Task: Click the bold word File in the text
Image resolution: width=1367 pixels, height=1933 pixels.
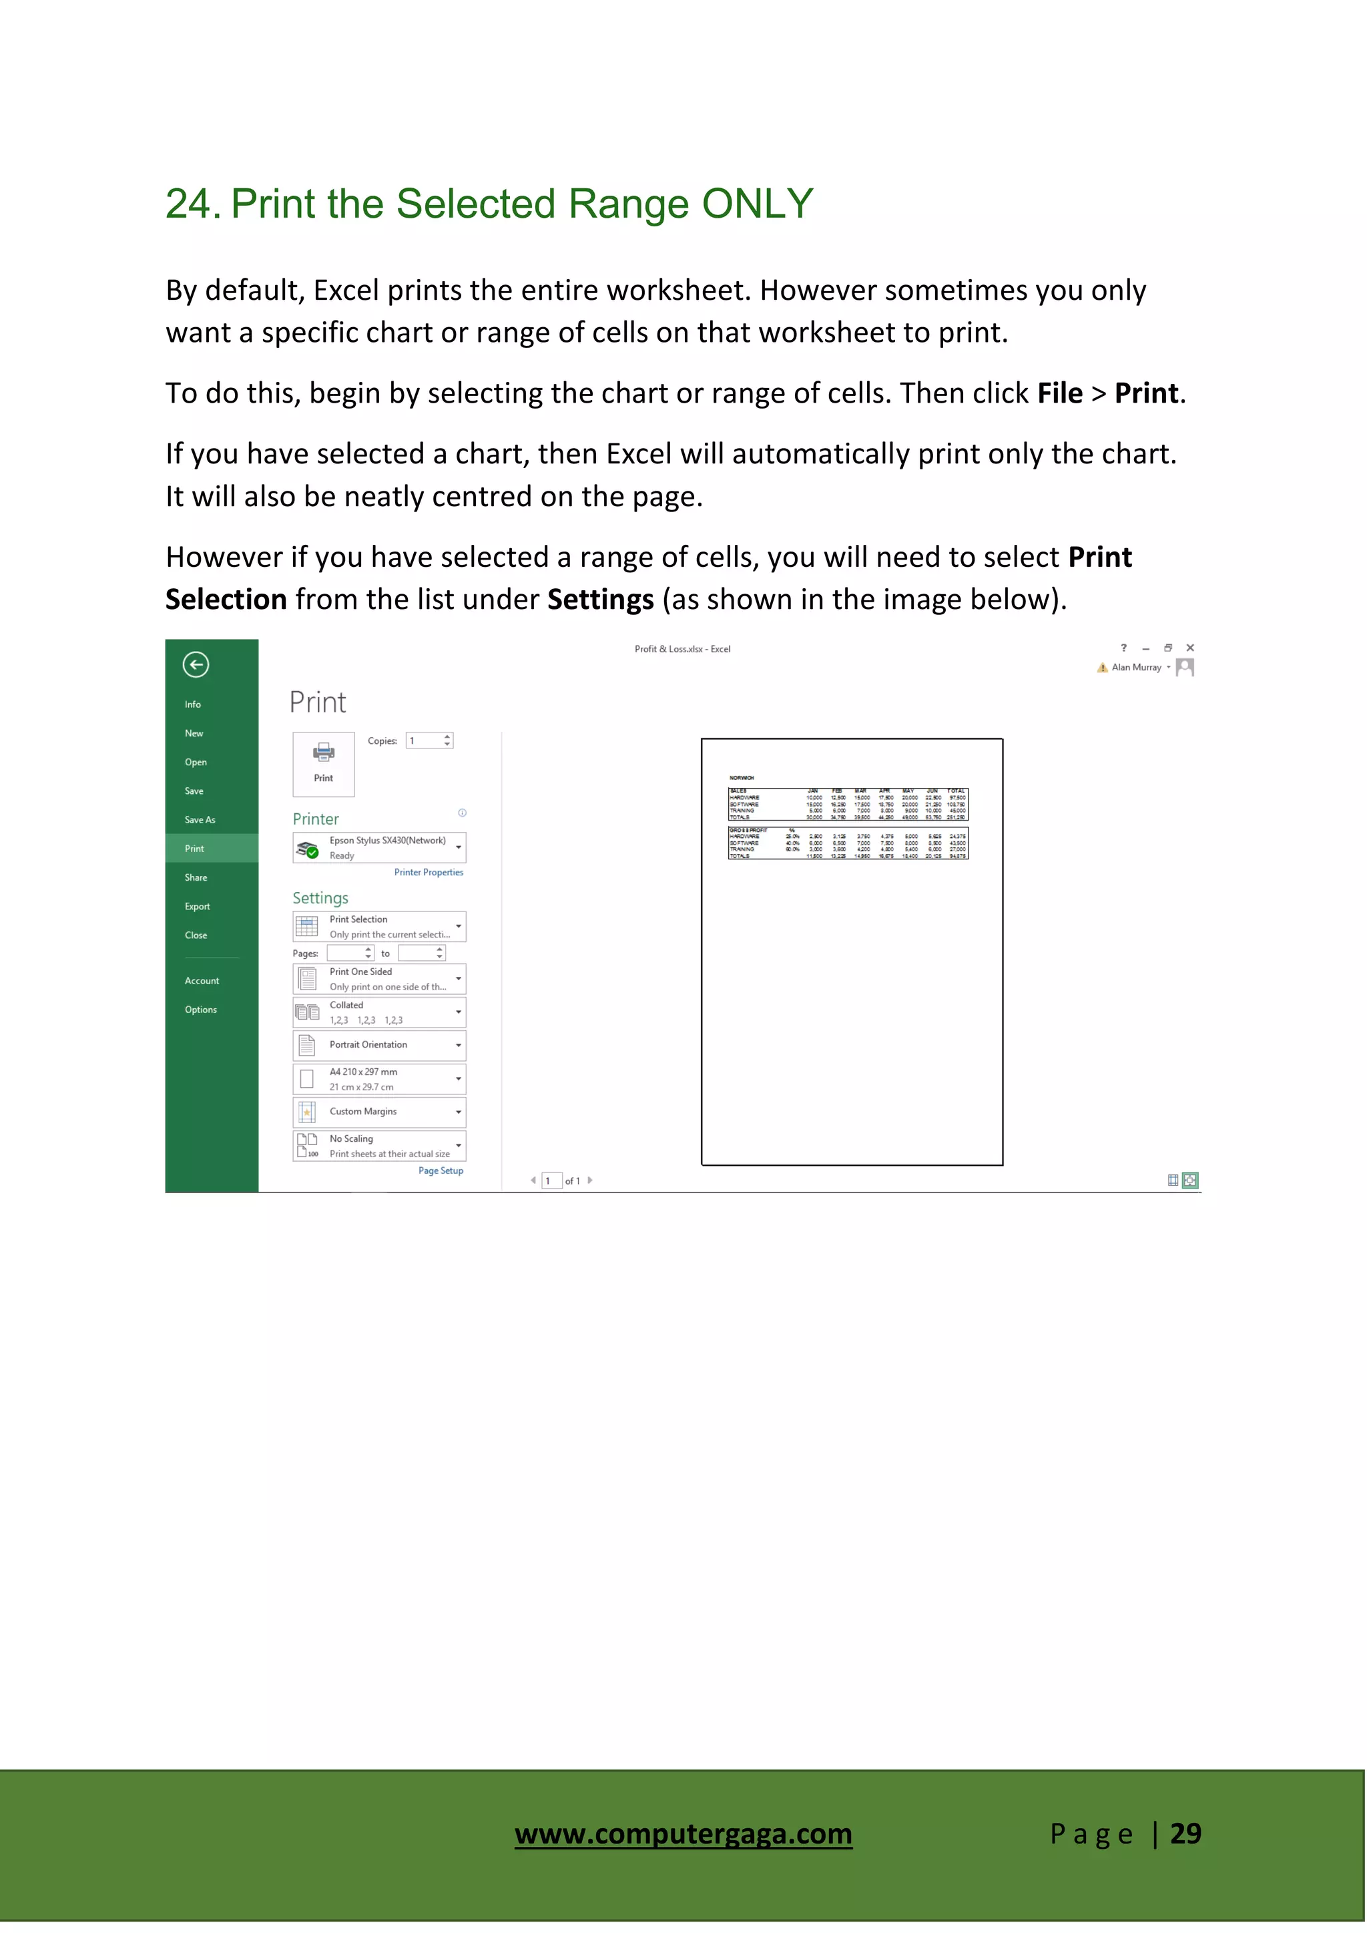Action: [x=1059, y=393]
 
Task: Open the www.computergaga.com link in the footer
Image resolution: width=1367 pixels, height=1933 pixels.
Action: [x=683, y=1833]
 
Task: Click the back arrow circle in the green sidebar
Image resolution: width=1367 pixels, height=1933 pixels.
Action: [x=196, y=664]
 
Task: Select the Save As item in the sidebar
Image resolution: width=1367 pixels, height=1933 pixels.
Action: [x=200, y=819]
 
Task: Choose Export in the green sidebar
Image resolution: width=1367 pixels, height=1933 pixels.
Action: [x=197, y=906]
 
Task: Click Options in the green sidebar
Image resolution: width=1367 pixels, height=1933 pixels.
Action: [x=200, y=1010]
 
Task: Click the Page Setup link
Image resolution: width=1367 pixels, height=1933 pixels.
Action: [x=441, y=1170]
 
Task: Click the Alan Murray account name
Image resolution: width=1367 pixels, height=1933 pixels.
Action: [x=1135, y=668]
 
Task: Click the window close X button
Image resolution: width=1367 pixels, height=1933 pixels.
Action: [x=1189, y=648]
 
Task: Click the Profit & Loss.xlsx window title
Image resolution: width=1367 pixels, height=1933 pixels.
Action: [x=681, y=649]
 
